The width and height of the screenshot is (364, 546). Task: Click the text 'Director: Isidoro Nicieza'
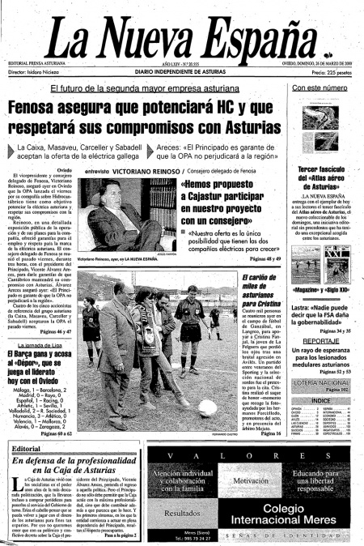(x=40, y=72)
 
